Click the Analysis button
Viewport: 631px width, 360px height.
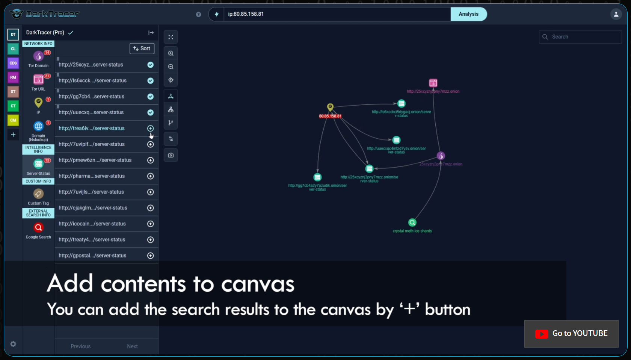[x=468, y=14]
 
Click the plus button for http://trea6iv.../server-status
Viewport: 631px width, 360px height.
[x=150, y=129]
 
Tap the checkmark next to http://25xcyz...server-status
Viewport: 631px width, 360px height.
[x=150, y=65]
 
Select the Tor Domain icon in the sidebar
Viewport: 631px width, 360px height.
[x=38, y=56]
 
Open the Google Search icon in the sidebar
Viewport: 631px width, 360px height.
[x=38, y=228]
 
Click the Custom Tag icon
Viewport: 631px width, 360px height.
[x=38, y=194]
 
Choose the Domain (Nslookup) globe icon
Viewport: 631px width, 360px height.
[x=38, y=126]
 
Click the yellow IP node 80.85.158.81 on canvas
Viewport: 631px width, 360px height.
[x=330, y=107]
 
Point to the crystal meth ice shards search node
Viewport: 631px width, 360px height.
[x=412, y=222]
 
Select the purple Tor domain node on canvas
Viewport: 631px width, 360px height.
[x=441, y=156]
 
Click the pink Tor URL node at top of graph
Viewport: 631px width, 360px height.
[x=433, y=83]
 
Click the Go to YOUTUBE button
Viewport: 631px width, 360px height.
[x=571, y=334]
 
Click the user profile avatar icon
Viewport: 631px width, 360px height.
[x=616, y=14]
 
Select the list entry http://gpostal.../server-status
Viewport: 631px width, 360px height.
[x=92, y=256]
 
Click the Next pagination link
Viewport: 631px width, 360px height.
[x=132, y=346]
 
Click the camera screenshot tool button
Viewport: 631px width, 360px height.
[x=171, y=155]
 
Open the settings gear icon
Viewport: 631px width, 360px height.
[x=13, y=344]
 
